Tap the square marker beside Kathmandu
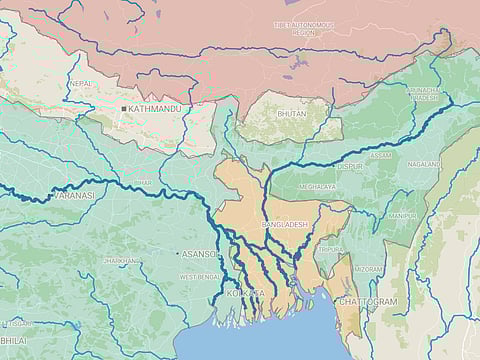click(124, 108)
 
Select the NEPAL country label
click(81, 83)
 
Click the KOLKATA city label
click(246, 293)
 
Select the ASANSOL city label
click(200, 254)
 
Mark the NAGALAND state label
click(424, 164)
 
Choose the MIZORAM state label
click(369, 269)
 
